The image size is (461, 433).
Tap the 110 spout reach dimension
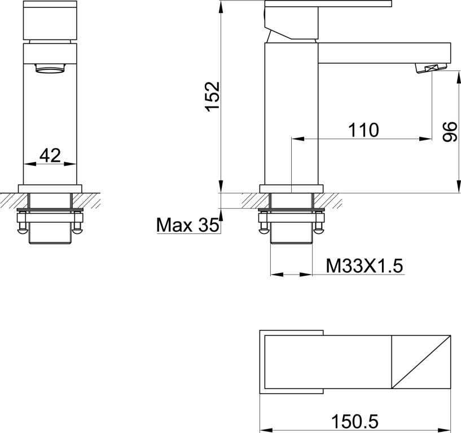[x=364, y=130]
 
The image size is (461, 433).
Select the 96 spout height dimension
[x=450, y=132]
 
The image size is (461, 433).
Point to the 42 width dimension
[x=50, y=155]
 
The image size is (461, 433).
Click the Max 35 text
[x=188, y=225]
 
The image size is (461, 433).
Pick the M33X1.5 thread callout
[x=365, y=266]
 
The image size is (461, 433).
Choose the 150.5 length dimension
[x=355, y=422]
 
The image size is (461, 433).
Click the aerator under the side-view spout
[x=431, y=69]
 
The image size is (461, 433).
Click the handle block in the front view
[x=50, y=20]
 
